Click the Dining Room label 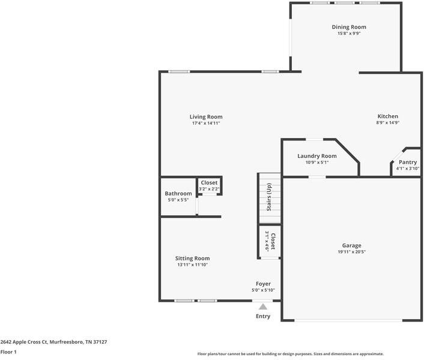coord(349,27)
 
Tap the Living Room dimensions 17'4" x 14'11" coord(206,124)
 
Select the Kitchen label coord(387,116)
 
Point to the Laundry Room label coord(316,156)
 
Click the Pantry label coord(407,162)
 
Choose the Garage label coord(351,245)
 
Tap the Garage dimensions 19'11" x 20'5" coord(351,252)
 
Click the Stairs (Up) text coord(270,196)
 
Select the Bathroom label coord(178,193)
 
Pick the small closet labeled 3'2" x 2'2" coord(209,185)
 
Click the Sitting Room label coord(192,258)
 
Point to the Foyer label coord(262,284)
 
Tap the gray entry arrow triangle coord(262,307)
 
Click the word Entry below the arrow coord(263,316)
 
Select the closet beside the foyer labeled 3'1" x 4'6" coord(270,242)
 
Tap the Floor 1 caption coord(8,352)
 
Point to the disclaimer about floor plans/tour coord(290,354)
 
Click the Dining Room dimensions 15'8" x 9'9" coord(349,34)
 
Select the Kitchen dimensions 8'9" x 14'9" coord(387,123)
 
